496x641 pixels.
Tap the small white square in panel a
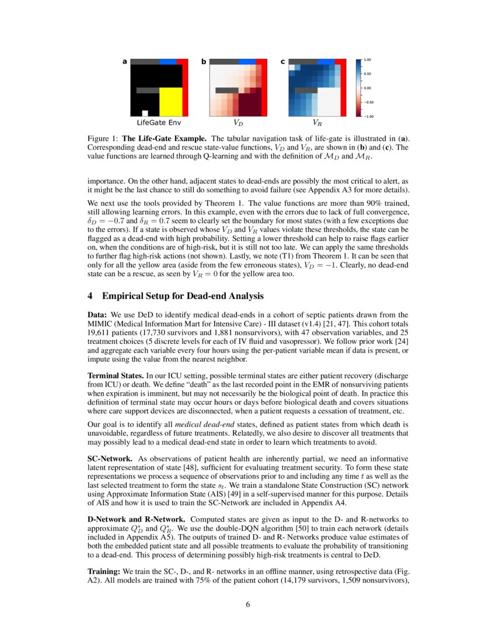tap(145, 113)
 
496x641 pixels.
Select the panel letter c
tap(283, 61)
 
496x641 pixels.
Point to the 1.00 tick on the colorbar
tap(368, 60)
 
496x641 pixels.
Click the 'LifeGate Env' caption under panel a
tap(159, 123)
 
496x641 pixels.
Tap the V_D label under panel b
tap(238, 123)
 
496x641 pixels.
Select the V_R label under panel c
tap(317, 123)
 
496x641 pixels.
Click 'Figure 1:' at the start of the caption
tap(103, 139)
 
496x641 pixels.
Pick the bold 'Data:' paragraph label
tap(97, 315)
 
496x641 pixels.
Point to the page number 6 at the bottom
tap(248, 604)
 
